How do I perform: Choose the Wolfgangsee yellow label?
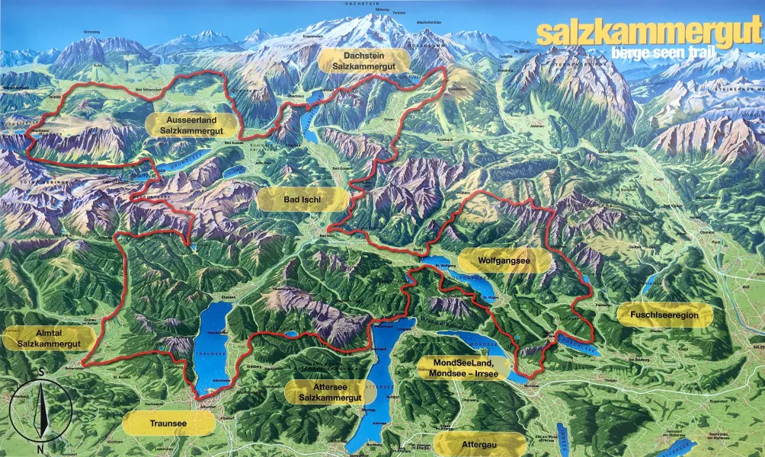click(x=504, y=260)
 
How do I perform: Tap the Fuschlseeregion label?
click(x=664, y=314)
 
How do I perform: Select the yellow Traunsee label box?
click(x=168, y=423)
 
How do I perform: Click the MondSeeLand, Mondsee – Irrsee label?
click(x=464, y=367)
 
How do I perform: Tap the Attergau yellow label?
click(x=479, y=443)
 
